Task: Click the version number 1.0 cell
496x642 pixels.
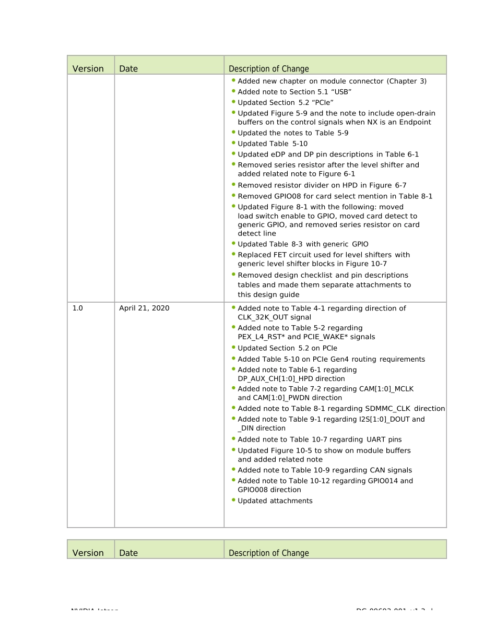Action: [77, 308]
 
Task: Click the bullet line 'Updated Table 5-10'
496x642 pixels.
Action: [273, 144]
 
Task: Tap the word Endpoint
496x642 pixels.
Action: [414, 122]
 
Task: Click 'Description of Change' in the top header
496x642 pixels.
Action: [269, 69]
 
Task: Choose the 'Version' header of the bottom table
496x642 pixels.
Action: [88, 553]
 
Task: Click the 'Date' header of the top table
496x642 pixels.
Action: [128, 69]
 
